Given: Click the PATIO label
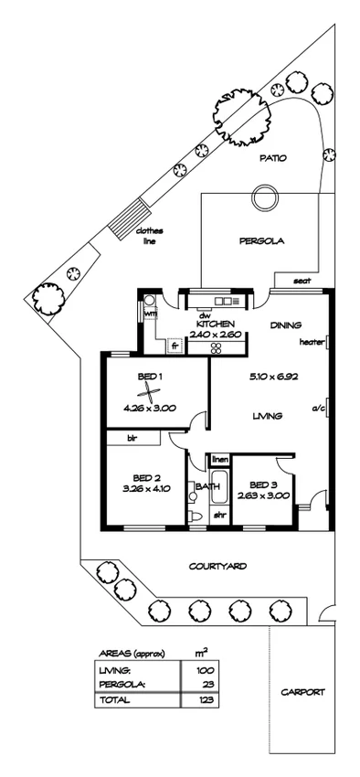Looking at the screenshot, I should coord(273,157).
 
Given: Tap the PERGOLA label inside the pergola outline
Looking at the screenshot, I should coord(261,242).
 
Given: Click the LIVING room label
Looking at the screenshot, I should coord(266,416).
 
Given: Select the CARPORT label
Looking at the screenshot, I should coord(302,692).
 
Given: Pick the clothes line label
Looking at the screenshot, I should coord(148,236).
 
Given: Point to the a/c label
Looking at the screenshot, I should coord(318,407).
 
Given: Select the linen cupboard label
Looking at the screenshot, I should coord(219,459).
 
